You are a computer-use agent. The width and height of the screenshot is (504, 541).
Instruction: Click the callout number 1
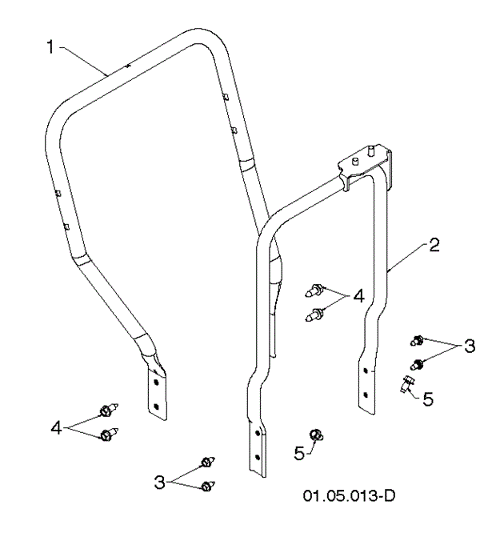50,47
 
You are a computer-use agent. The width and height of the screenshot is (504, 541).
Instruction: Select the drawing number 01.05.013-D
349,495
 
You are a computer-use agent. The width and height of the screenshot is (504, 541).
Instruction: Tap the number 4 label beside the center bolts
358,296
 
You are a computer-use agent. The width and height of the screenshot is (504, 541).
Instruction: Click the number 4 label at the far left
57,428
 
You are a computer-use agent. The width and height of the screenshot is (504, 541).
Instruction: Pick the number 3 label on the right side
469,347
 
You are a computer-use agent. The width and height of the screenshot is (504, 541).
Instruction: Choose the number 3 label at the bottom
159,481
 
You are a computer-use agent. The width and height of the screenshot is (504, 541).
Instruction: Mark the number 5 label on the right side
428,397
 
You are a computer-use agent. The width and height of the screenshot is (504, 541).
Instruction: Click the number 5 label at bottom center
299,453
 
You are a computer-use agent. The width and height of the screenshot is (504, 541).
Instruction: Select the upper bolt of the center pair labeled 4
318,289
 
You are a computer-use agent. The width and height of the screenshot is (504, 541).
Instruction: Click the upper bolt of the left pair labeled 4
106,411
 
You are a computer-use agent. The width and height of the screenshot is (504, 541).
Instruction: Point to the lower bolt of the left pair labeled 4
106,435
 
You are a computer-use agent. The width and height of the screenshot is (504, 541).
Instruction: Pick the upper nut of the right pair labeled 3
416,340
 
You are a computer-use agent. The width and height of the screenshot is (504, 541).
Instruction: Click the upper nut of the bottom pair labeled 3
207,462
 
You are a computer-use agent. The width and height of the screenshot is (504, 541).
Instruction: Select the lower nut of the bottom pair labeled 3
207,485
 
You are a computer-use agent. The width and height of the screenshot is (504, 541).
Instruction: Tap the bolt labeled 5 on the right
407,385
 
